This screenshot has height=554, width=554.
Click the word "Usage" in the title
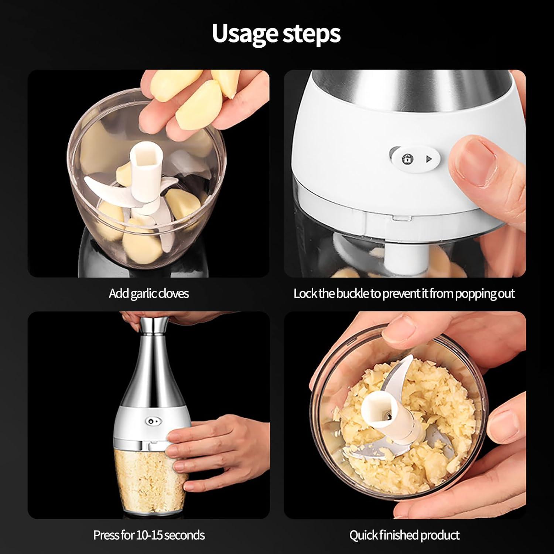(244, 34)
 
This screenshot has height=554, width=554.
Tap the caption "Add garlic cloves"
(149, 294)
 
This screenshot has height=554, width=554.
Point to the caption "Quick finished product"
(404, 535)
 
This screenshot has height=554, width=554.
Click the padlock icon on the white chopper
(408, 159)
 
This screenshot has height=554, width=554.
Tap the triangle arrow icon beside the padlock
(428, 160)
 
